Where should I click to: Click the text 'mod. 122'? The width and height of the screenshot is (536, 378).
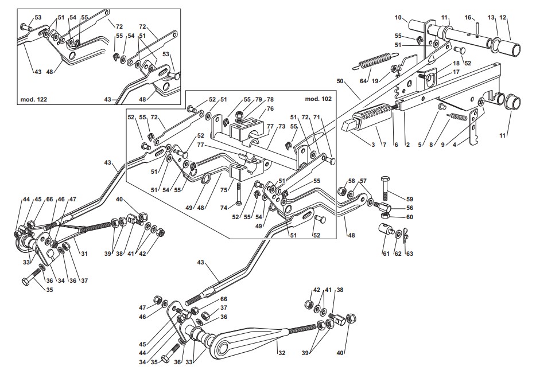[x=32, y=99]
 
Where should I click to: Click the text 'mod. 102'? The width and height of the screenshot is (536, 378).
[x=319, y=99]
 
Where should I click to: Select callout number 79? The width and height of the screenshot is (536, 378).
[x=258, y=99]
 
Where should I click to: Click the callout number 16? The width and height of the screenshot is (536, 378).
[x=468, y=18]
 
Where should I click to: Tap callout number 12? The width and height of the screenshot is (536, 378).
[x=503, y=18]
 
